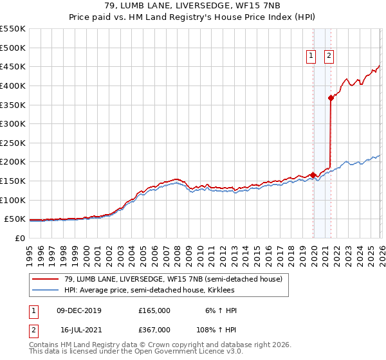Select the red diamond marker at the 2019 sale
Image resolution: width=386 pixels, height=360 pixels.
coord(313,175)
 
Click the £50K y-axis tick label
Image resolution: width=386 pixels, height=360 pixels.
coord(15,219)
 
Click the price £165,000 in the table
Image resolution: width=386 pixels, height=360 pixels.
coord(154,310)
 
